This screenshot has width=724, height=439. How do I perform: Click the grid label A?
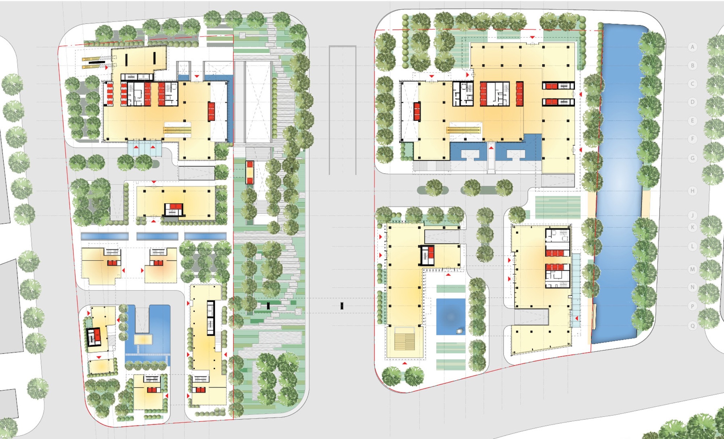(693, 47)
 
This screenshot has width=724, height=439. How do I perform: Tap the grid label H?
(693, 191)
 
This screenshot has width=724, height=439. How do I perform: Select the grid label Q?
(693, 326)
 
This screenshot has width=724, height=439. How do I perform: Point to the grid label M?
(693, 269)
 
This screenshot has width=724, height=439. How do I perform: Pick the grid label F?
(693, 139)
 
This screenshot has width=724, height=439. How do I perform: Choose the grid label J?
(693, 216)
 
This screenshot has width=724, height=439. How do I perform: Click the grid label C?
(693, 84)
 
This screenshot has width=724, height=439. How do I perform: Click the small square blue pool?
(450, 317)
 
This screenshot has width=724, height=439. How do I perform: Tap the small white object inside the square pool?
(459, 331)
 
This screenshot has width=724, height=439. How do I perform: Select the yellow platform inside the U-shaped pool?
(144, 339)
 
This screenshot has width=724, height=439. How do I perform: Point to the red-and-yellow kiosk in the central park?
(250, 172)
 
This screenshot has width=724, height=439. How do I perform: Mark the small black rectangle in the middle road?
(342, 306)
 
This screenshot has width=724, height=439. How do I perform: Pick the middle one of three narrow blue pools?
(157, 236)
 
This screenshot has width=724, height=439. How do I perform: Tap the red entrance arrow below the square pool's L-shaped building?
(405, 363)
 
